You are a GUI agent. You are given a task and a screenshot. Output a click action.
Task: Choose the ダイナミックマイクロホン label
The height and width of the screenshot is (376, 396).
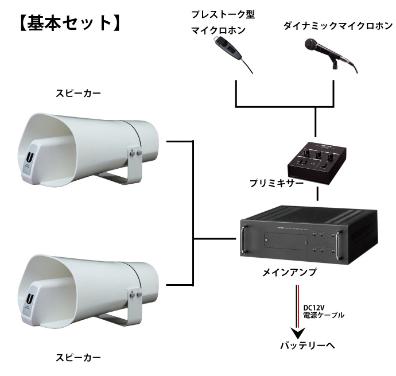[338, 26]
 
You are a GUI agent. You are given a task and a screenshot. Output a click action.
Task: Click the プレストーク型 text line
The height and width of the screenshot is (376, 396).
[223, 13]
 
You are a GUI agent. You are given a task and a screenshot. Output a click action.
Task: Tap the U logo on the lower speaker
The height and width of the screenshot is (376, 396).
[29, 299]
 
